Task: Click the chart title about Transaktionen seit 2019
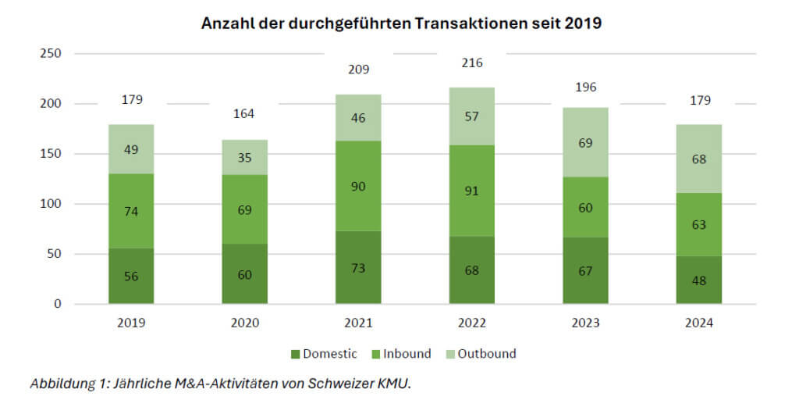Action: pyautogui.click(x=401, y=23)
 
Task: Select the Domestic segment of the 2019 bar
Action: pyautogui.click(x=131, y=276)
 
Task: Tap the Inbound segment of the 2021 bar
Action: pyautogui.click(x=358, y=186)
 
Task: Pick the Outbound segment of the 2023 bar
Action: pyautogui.click(x=585, y=142)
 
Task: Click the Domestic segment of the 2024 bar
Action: pyautogui.click(x=699, y=280)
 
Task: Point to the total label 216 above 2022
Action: pyautogui.click(x=472, y=63)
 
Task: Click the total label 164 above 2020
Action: pyautogui.click(x=245, y=115)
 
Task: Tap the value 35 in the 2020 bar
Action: pyautogui.click(x=245, y=157)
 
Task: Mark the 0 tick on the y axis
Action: pyautogui.click(x=57, y=304)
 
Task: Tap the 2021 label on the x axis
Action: pyautogui.click(x=358, y=323)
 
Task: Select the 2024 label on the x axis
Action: pyautogui.click(x=699, y=323)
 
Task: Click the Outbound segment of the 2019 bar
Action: pyautogui.click(x=131, y=148)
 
